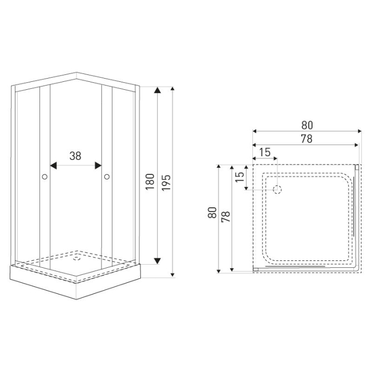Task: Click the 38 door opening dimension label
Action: click(x=75, y=156)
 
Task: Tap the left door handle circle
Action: click(x=45, y=176)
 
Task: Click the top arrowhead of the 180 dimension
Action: click(x=157, y=91)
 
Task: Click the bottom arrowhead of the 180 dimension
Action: click(x=157, y=260)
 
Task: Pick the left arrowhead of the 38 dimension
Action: click(x=53, y=165)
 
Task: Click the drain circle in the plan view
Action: click(x=277, y=189)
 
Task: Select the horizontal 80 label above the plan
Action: click(x=307, y=125)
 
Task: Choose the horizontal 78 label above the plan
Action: click(x=307, y=139)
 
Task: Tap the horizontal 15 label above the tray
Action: click(x=265, y=153)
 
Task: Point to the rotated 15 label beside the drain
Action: click(x=240, y=176)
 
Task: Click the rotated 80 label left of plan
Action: click(x=212, y=214)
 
